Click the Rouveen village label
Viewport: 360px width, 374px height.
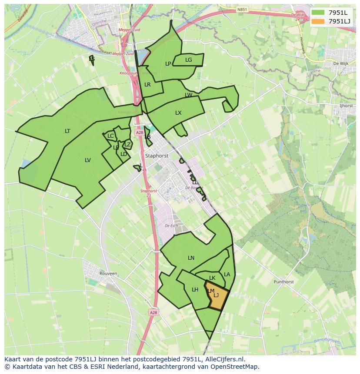(x=108, y=274)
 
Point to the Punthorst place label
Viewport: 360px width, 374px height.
(x=283, y=282)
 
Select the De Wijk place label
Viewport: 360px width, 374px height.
(x=341, y=63)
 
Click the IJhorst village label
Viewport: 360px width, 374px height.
(x=346, y=106)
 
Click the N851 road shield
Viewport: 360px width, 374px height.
(x=243, y=9)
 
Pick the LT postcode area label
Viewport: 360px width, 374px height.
(x=67, y=131)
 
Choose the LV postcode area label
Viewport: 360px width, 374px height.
(x=88, y=160)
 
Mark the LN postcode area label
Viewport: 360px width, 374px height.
(x=191, y=258)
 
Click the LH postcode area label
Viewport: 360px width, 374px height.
(x=195, y=290)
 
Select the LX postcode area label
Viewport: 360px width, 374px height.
(x=178, y=113)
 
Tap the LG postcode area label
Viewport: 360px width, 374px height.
(x=188, y=60)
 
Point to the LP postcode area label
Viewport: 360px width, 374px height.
(x=168, y=64)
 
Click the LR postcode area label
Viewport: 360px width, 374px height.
(x=147, y=85)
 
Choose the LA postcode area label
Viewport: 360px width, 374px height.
(x=227, y=275)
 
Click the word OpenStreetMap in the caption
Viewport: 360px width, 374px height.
(x=235, y=367)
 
